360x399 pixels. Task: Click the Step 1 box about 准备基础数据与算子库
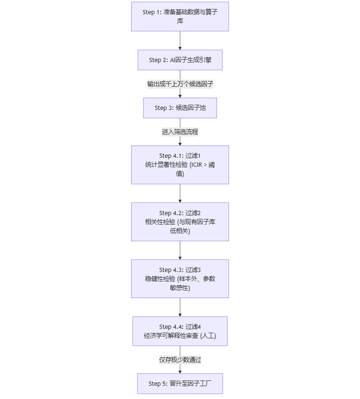coord(180,17)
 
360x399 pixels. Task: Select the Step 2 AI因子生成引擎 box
coord(180,60)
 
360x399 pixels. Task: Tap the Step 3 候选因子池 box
coord(180,108)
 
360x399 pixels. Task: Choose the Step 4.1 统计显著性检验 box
coord(180,164)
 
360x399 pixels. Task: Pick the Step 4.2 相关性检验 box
coord(180,222)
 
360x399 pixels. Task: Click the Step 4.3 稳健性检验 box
coord(180,279)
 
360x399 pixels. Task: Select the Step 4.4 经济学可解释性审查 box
coord(180,331)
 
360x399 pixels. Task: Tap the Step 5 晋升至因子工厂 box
coord(180,383)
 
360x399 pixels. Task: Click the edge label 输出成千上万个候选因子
coord(180,84)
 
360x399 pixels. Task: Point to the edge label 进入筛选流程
coord(180,132)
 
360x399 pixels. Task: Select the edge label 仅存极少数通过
coord(180,360)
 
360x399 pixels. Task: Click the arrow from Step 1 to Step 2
coord(180,40)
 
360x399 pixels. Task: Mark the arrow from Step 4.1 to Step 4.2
coord(180,193)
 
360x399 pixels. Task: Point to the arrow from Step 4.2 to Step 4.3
coord(180,250)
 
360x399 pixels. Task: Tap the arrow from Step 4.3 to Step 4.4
coord(180,307)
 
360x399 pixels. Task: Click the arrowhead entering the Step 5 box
coord(180,371)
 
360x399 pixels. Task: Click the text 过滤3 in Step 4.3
coord(193,270)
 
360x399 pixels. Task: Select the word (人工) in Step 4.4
coord(208,336)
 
